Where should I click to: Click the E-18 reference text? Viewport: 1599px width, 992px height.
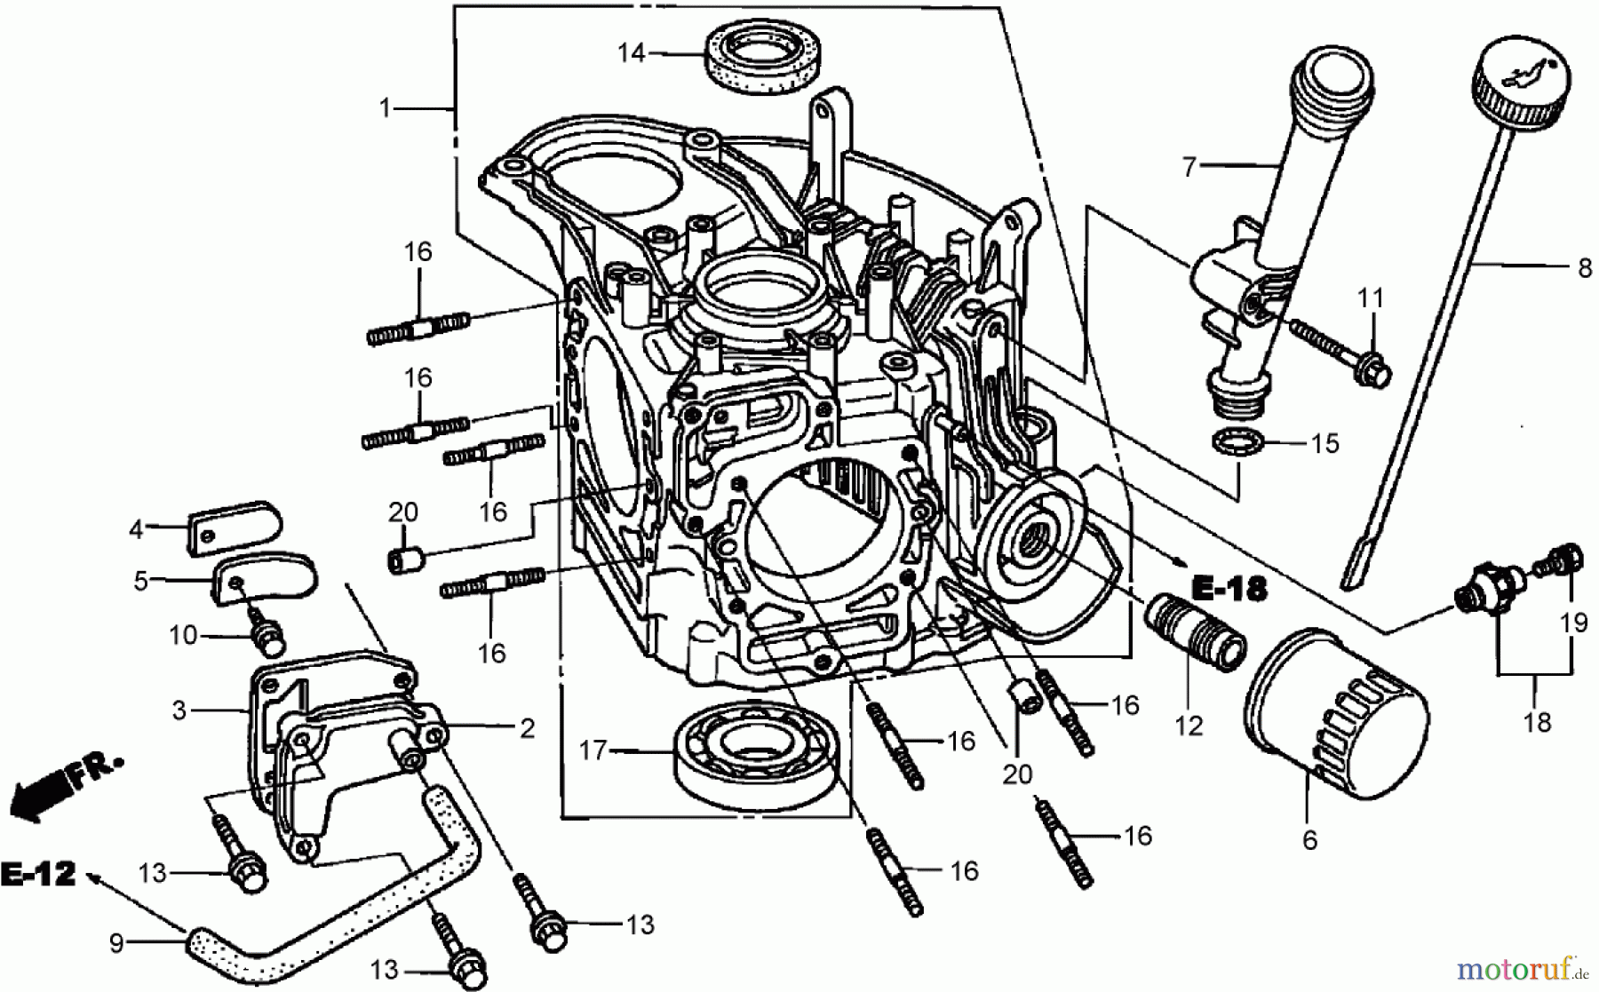tap(1229, 588)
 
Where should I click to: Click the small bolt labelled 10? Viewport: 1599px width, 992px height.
tap(266, 632)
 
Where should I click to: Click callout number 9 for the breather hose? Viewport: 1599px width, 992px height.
tap(116, 942)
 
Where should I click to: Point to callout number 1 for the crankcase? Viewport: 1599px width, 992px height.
tap(385, 108)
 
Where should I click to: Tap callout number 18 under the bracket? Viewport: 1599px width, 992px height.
tap(1537, 722)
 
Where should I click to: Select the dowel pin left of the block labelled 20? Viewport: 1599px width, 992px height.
tap(403, 560)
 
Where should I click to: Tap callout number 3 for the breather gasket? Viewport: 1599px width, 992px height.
tap(179, 710)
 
